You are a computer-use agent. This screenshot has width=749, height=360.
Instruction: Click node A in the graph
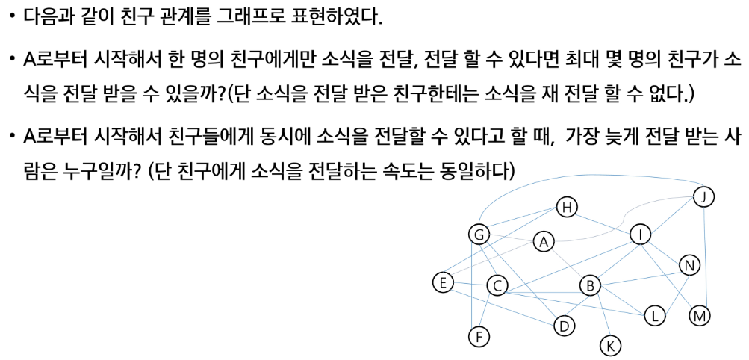(544, 242)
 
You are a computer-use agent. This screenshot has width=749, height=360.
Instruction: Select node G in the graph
(479, 235)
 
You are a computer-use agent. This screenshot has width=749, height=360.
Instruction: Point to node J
(703, 197)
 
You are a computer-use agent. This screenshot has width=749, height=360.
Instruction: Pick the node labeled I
(640, 235)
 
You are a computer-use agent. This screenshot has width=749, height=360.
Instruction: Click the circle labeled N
(689, 265)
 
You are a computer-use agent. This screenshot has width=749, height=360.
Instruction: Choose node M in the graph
(700, 316)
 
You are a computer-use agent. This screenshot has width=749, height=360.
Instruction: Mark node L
(654, 316)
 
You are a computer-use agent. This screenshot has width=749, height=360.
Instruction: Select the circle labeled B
(590, 285)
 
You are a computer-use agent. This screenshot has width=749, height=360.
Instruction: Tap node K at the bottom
(610, 346)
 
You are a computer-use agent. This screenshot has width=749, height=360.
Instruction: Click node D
(565, 326)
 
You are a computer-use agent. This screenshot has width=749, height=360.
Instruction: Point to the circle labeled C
(497, 285)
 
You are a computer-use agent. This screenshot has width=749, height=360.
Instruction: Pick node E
(443, 282)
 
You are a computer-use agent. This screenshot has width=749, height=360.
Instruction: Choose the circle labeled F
(479, 337)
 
